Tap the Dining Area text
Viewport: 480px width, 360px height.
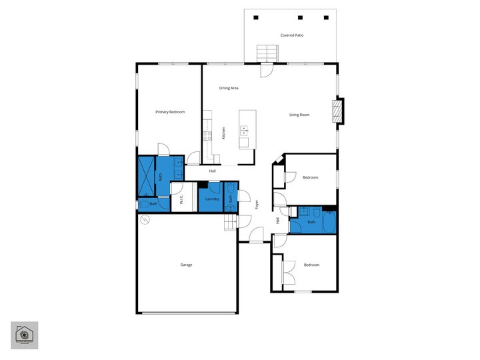pos(229,88)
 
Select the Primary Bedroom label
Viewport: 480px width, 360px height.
pos(170,112)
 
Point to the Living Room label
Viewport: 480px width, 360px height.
pos(299,115)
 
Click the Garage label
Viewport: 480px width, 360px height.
pos(186,265)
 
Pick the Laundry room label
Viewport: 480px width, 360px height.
pos(213,199)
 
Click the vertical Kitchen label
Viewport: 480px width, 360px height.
pos(223,133)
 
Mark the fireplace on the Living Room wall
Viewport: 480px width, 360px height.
pos(340,111)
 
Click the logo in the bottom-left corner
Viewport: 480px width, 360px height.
pos(24,335)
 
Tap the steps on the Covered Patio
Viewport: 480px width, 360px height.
pos(267,52)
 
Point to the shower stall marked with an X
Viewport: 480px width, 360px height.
pos(146,173)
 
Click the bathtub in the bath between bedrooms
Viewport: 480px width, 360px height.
pos(329,222)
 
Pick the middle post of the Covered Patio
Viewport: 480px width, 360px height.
pos(300,17)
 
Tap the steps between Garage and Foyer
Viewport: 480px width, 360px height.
pos(231,221)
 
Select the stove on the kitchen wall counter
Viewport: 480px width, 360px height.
pos(207,135)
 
